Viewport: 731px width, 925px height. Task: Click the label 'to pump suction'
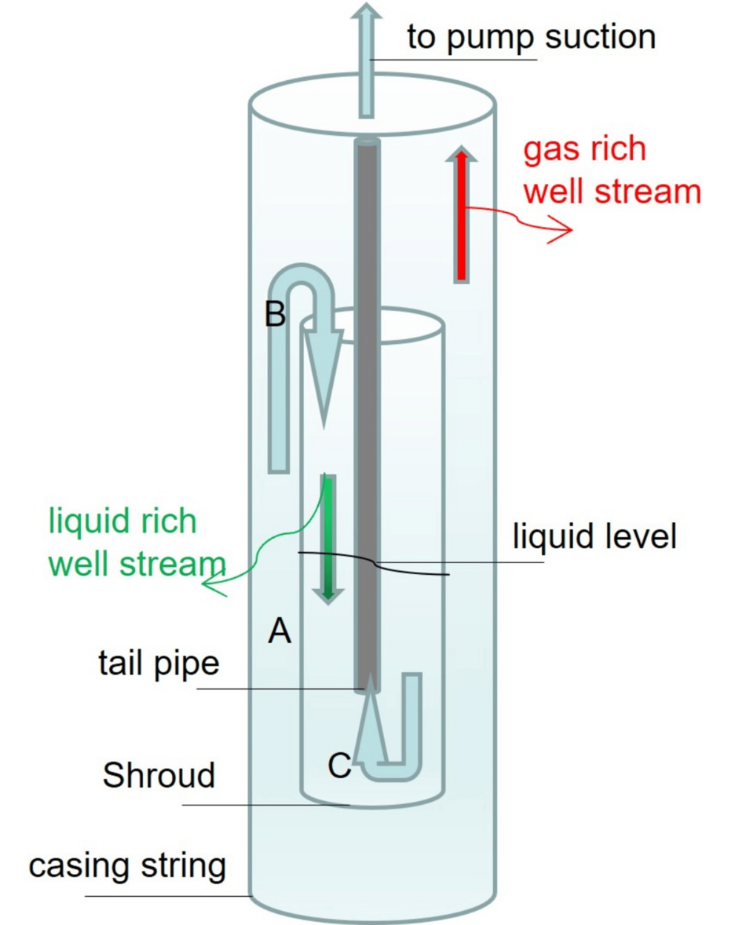(x=531, y=37)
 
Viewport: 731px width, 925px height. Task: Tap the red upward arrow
(x=461, y=215)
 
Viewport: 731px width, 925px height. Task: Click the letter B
(x=275, y=314)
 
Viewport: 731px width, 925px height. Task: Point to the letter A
(x=279, y=631)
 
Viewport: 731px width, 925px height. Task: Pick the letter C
(x=339, y=766)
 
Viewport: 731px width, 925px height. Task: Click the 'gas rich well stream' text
(x=611, y=171)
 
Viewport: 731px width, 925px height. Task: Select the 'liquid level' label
(x=594, y=536)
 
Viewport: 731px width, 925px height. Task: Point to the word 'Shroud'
(x=159, y=775)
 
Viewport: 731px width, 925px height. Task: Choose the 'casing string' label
(x=127, y=866)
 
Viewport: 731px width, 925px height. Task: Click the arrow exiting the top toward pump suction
(x=365, y=59)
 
